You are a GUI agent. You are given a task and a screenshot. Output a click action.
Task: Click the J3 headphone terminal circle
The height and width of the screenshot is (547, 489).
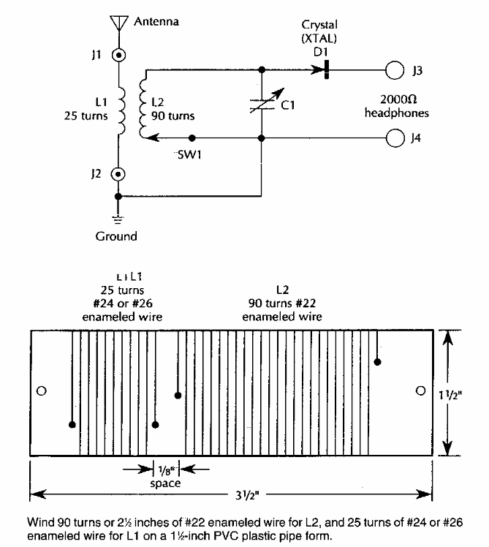(395, 71)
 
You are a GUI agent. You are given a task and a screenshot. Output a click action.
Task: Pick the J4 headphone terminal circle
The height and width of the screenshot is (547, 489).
(395, 137)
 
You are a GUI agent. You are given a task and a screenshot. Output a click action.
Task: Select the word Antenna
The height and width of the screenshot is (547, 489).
(156, 22)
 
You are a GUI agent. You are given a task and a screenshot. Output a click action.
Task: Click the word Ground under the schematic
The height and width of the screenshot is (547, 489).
(116, 236)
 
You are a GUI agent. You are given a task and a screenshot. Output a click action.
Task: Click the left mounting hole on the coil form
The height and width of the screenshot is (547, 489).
(41, 391)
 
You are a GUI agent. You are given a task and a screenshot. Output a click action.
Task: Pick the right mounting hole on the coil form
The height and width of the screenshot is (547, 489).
(420, 391)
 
